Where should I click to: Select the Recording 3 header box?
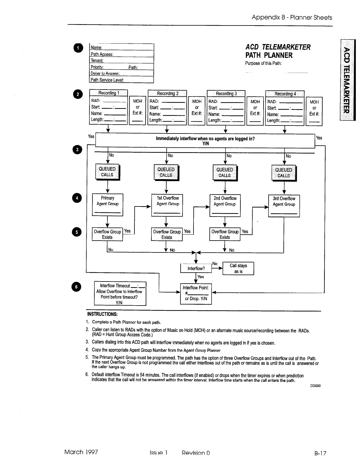point(226,93)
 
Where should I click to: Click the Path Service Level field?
point(121,80)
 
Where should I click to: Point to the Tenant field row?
point(121,61)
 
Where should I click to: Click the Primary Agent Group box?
point(107,205)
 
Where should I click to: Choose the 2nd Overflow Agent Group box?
point(225,205)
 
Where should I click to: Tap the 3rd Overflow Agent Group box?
point(284,206)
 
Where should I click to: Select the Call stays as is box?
point(238,268)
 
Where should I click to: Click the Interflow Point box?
point(196,294)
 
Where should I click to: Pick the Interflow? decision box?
point(196,268)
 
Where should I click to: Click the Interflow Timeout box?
point(120,294)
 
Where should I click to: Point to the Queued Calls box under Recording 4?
point(284,173)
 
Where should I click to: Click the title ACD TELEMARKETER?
point(278,47)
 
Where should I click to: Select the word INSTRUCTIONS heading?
point(102,314)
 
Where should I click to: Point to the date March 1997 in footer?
point(81,452)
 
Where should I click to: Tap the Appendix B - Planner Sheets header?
point(292,18)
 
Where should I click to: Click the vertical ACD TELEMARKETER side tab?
point(348,80)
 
